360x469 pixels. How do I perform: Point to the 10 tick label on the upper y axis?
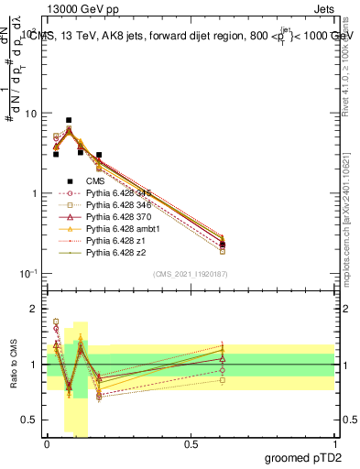click(30, 114)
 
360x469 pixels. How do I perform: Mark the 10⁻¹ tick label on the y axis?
click(27, 274)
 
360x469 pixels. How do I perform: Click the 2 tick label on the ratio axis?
click(34, 309)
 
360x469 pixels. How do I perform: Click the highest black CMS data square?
click(69, 120)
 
